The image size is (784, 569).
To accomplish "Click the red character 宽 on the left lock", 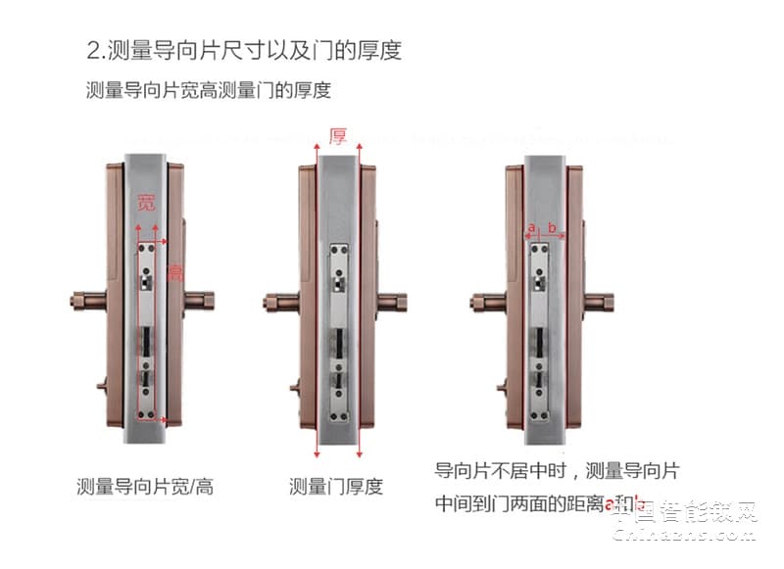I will (x=146, y=205).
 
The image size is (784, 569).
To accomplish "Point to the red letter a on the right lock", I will (x=531, y=228).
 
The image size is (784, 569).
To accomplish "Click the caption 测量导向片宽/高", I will (x=144, y=486).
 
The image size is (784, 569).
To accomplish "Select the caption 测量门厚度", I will (x=336, y=486).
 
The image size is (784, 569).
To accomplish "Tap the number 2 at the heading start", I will (x=94, y=49).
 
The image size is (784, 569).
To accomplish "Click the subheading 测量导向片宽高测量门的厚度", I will (x=209, y=91).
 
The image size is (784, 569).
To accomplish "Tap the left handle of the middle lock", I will (x=277, y=299).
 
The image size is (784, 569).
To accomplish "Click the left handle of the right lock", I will (x=487, y=298).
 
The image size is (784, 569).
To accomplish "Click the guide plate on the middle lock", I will (x=338, y=333).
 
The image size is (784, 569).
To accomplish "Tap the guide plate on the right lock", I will (x=540, y=333).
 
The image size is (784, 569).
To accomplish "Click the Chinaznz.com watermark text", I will (x=686, y=539).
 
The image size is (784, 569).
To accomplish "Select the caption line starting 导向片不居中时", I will (x=556, y=471).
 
